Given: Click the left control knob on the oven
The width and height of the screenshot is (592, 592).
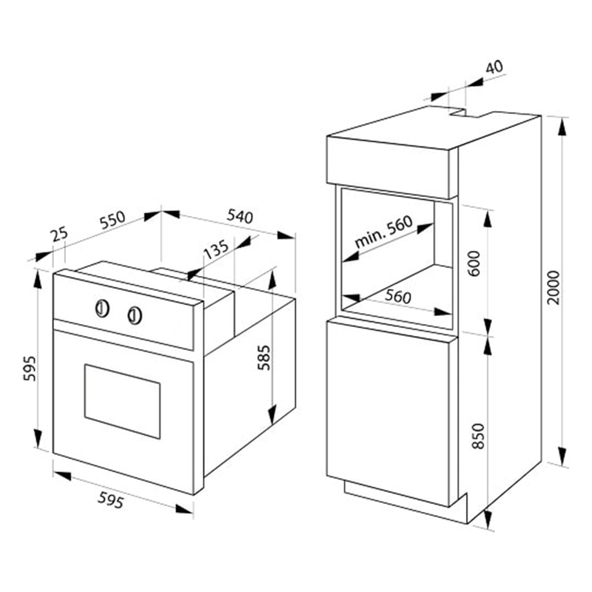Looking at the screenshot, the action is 102,308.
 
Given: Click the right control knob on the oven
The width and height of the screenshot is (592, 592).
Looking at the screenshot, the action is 135,315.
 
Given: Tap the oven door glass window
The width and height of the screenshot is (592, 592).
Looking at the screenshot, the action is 122,401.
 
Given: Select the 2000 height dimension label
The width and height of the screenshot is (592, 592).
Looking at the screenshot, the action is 554,287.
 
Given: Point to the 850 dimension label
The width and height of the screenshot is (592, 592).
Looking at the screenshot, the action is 478,436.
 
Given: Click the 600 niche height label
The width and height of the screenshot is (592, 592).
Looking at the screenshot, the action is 475,263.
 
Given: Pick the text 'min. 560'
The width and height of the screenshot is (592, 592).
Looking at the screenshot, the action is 383,232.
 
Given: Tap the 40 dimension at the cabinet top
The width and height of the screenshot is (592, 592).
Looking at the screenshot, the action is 494,67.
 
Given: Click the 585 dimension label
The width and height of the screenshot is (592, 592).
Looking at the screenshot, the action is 264,357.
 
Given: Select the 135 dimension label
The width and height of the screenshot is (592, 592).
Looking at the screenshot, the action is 216,249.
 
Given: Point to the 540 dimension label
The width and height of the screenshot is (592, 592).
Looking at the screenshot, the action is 240,216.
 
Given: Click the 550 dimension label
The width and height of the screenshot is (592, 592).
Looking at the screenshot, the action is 112,220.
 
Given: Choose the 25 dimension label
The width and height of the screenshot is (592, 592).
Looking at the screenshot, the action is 60,234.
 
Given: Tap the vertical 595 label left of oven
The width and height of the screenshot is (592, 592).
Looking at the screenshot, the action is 30,368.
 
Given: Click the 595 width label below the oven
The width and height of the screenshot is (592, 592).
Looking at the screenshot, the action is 110,501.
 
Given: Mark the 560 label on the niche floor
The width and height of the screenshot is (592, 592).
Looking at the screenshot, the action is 398,297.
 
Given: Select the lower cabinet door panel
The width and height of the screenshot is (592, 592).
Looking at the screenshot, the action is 388,413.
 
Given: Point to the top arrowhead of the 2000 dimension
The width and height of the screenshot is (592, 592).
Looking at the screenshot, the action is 562,126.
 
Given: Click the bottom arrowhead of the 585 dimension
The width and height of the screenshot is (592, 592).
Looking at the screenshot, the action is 272,414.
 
